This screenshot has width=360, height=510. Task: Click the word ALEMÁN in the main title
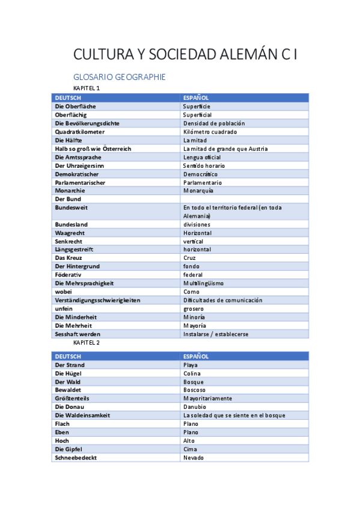click(x=243, y=55)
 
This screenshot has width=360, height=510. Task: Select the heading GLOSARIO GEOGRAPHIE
click(x=119, y=77)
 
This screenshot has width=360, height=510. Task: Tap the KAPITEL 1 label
click(x=87, y=88)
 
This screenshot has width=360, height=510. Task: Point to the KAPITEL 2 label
click(x=87, y=342)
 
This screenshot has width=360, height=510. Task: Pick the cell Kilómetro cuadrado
click(x=210, y=132)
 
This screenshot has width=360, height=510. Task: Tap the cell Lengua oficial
click(x=202, y=157)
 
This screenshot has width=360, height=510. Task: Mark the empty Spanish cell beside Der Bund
click(x=244, y=199)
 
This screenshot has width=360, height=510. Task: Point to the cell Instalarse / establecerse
click(x=216, y=334)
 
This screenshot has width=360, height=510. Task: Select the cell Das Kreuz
click(x=68, y=258)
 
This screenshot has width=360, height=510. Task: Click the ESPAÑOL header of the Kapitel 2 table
click(x=196, y=357)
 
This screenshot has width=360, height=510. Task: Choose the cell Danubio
click(x=195, y=407)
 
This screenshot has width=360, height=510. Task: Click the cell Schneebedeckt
click(x=76, y=458)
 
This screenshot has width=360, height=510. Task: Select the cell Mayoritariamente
click(x=207, y=399)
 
